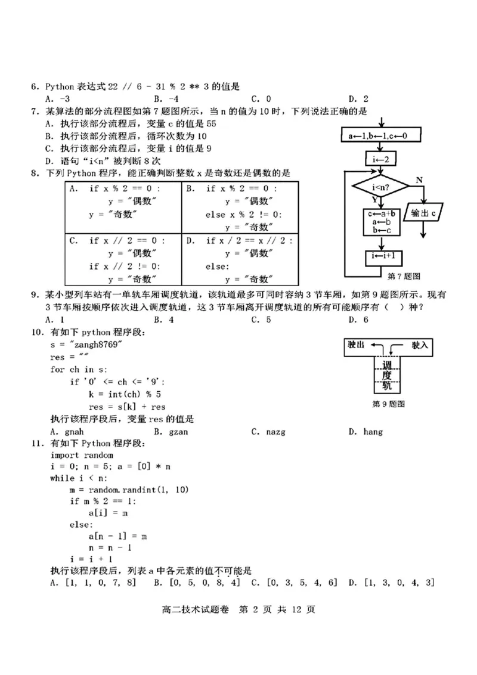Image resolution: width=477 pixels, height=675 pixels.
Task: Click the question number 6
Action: [35, 87]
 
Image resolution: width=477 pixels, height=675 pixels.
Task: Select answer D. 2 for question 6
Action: [358, 99]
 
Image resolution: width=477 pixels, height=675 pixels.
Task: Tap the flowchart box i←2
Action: [382, 159]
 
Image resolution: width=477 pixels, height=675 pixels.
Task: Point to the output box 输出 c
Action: [427, 213]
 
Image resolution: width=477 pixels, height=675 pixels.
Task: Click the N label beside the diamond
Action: [419, 179]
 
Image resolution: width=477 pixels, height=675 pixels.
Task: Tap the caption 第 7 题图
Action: [404, 276]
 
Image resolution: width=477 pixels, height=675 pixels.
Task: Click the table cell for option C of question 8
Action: [123, 259]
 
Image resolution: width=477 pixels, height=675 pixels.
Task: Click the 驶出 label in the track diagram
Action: [360, 345]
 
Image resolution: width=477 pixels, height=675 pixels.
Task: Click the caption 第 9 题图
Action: [388, 404]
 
